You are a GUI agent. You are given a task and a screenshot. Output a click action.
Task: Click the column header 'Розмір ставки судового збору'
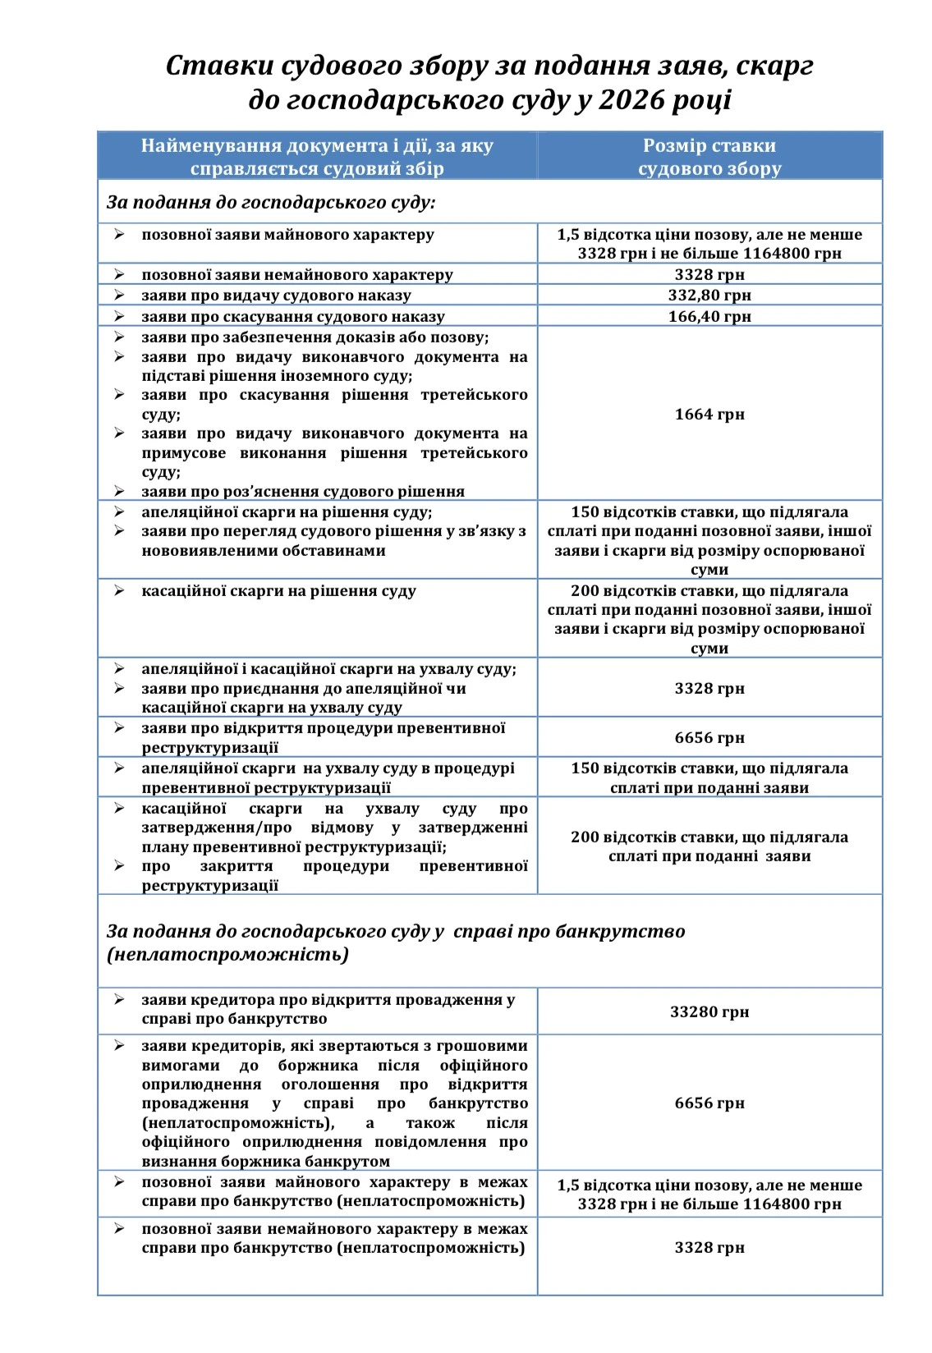(709, 157)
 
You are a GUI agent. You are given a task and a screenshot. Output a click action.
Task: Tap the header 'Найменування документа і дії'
(317, 157)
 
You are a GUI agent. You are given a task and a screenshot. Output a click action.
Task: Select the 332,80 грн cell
(709, 295)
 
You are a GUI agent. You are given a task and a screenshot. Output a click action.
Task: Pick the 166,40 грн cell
(709, 316)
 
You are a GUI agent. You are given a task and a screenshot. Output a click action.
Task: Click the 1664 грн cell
(709, 414)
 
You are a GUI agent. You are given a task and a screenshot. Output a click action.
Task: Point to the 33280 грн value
(709, 1011)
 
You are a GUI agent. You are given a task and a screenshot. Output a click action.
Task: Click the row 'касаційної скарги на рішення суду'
(278, 591)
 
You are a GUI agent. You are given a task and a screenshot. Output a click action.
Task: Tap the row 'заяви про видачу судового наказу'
(276, 295)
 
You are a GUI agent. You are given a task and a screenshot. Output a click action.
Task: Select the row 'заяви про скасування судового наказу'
(292, 316)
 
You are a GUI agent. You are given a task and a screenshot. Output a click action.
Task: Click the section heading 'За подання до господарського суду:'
(271, 202)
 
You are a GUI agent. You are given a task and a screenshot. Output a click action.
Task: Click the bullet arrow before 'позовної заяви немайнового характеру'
(119, 274)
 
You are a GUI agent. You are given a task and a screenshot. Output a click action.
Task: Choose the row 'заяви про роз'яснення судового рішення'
(302, 491)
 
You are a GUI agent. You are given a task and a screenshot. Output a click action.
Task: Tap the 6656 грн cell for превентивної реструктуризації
(709, 737)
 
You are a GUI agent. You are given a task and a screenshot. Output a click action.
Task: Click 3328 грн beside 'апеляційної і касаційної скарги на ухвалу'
(709, 688)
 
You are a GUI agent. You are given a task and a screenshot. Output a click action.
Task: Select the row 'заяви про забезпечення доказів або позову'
(314, 337)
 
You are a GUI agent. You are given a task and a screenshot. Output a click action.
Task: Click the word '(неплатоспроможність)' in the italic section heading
(227, 954)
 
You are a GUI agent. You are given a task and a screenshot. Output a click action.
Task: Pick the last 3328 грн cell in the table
(709, 1247)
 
